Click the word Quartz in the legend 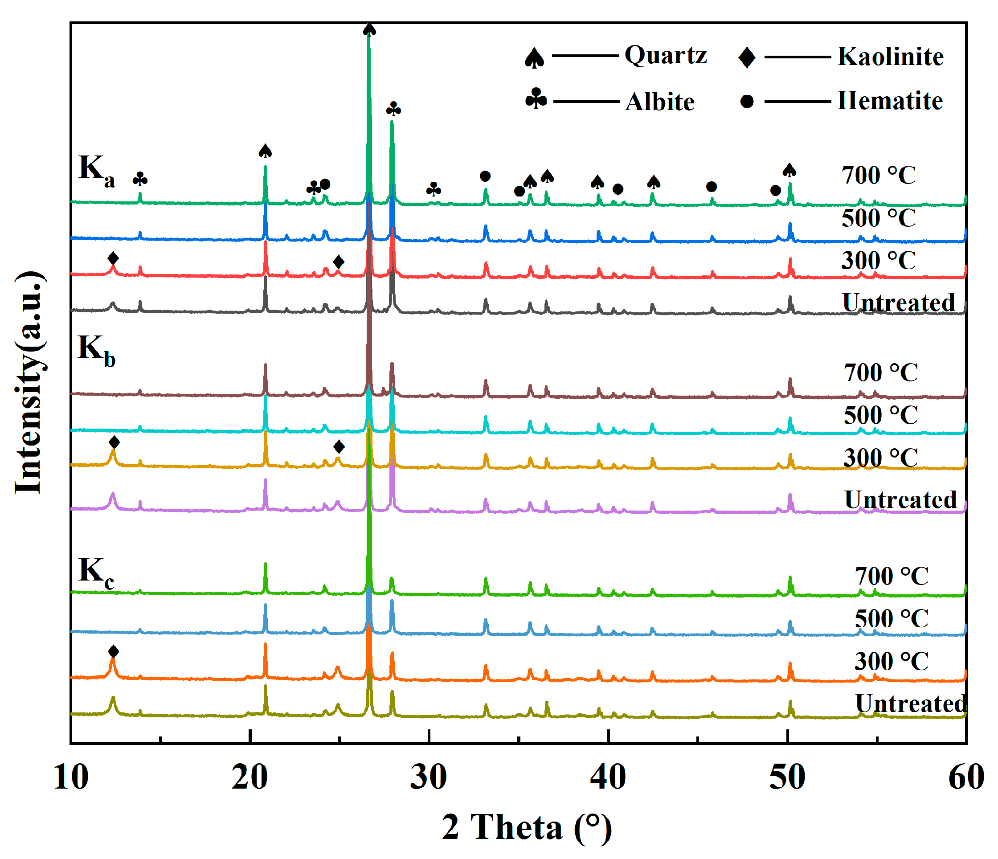click(665, 55)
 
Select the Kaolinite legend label click(890, 57)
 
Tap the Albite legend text click(659, 102)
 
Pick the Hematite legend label click(890, 101)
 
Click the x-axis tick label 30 click(428, 777)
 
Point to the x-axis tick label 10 click(71, 777)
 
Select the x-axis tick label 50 click(786, 777)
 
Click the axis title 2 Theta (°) click(527, 828)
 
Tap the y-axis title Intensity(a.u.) click(29, 383)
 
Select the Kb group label click(96, 351)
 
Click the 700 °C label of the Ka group click(878, 176)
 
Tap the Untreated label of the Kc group click(910, 704)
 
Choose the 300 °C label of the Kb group click(880, 458)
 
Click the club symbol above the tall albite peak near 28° click(393, 109)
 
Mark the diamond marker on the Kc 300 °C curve click(113, 652)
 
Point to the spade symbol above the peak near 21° click(265, 151)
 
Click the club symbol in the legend click(536, 99)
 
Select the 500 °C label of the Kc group click(891, 618)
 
